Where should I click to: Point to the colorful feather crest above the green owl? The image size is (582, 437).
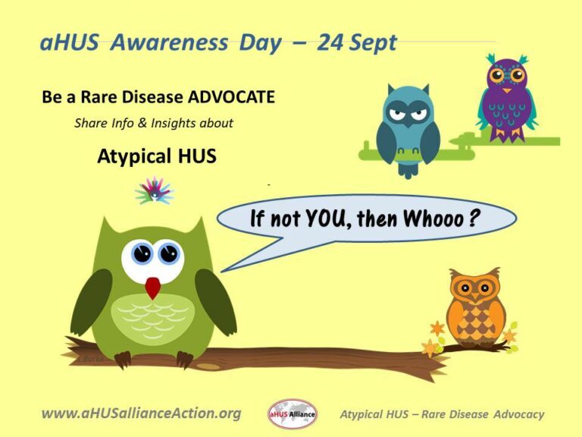(x=155, y=190)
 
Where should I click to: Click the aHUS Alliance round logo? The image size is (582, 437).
(x=292, y=414)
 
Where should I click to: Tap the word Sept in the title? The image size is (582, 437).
(x=372, y=43)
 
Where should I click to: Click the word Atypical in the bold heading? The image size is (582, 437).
(x=130, y=156)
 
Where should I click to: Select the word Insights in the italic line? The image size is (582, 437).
(x=174, y=124)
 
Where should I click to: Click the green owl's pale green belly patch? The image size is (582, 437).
(x=152, y=315)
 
